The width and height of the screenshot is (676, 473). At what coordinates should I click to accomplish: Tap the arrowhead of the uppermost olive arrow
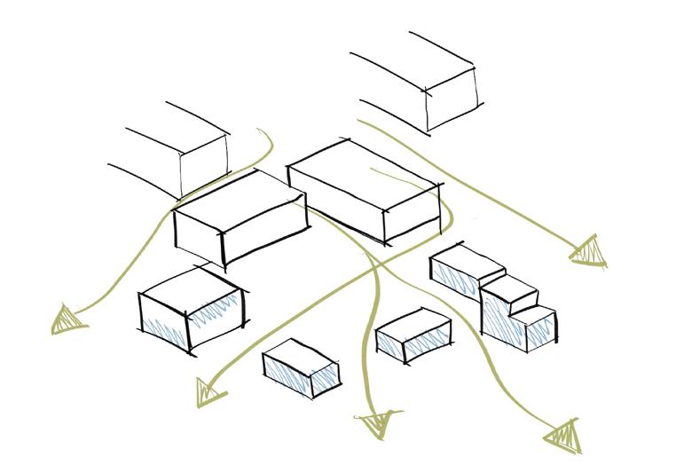(x=589, y=251)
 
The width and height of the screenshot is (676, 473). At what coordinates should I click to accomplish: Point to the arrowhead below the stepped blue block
(x=562, y=436)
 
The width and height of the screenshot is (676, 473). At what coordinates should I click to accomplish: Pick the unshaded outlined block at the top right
(x=426, y=84)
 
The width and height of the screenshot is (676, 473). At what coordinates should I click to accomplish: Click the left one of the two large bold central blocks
(x=240, y=217)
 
